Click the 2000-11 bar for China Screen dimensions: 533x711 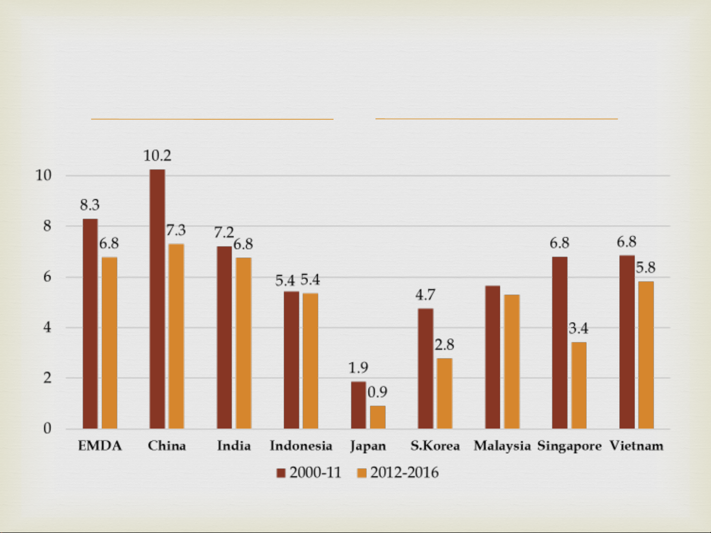(x=157, y=299)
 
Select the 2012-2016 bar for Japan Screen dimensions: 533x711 (x=378, y=417)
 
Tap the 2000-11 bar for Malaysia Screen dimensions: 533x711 (x=492, y=357)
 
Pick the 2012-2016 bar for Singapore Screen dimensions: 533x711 (x=579, y=385)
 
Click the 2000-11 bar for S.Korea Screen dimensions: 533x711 (x=425, y=368)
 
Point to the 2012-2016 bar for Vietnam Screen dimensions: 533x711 (x=646, y=355)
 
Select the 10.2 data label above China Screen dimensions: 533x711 (x=157, y=156)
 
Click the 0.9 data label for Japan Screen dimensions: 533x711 (x=378, y=392)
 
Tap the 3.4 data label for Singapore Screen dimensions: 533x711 (x=578, y=328)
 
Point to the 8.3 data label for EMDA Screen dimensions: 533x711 (x=90, y=205)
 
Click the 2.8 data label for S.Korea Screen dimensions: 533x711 (x=444, y=345)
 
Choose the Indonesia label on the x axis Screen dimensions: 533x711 (x=301, y=446)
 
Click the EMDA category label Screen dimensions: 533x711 (x=100, y=446)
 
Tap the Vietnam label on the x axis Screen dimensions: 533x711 (x=636, y=446)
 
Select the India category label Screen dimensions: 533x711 (x=234, y=446)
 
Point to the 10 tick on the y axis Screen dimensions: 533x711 (x=44, y=176)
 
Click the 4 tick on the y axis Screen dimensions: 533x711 (x=47, y=327)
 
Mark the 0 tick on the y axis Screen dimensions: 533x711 (x=47, y=428)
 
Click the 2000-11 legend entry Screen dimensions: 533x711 (x=309, y=473)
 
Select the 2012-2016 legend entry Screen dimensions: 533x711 (x=398, y=473)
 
